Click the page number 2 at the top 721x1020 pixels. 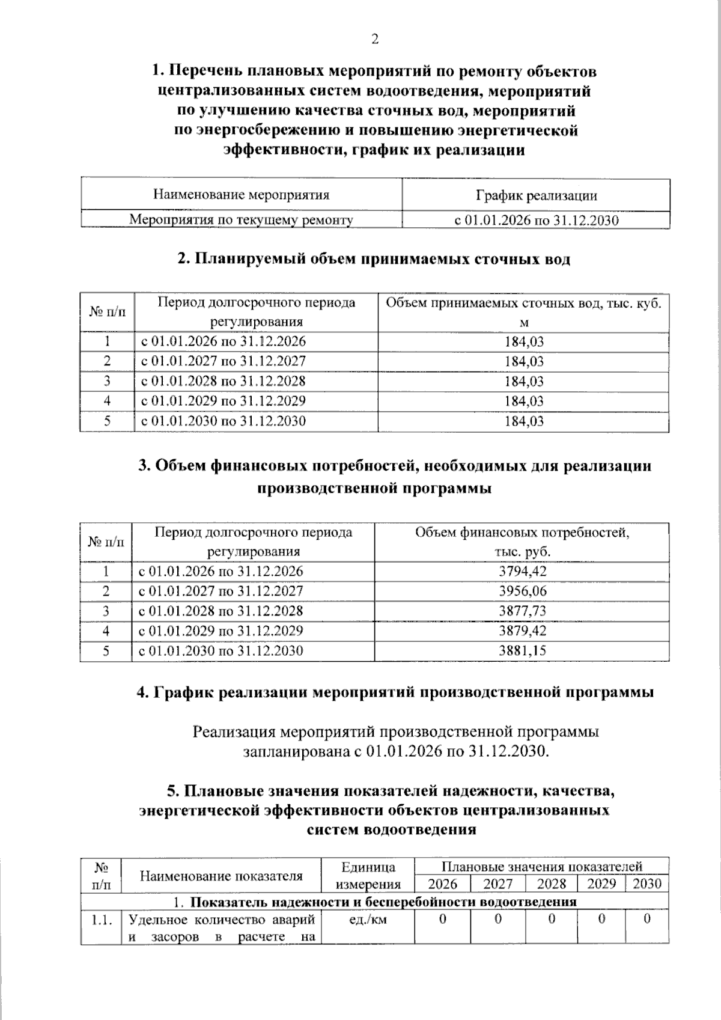(x=374, y=40)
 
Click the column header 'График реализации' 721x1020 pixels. (x=536, y=195)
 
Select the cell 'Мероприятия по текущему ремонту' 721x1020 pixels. (x=241, y=220)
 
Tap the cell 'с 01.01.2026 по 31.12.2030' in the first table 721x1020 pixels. (x=536, y=220)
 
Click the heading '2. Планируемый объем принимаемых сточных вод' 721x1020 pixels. (x=374, y=259)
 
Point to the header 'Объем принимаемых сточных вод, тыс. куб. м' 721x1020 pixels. (x=523, y=312)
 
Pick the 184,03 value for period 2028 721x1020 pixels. (x=524, y=381)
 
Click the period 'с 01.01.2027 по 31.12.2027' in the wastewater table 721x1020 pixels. (x=223, y=361)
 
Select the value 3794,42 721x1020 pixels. (x=523, y=571)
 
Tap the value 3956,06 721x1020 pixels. (x=523, y=591)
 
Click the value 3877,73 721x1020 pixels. (x=523, y=611)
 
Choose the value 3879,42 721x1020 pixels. (x=523, y=631)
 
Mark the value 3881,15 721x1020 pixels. (x=523, y=650)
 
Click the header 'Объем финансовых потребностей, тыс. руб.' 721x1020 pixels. (x=522, y=542)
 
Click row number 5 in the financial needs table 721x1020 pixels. (x=106, y=650)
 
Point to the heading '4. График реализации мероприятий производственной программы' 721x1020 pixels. (x=395, y=692)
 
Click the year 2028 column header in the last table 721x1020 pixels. (x=551, y=884)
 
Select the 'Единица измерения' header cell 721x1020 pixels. (x=368, y=875)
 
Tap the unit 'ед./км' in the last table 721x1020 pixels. (x=368, y=920)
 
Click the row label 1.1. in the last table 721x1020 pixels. (x=102, y=920)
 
